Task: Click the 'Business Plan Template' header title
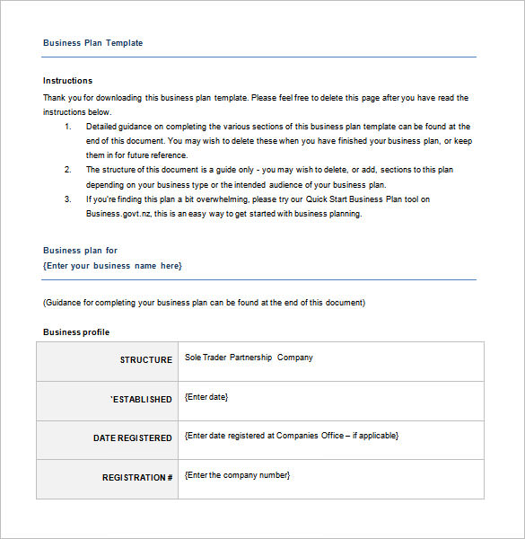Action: [x=92, y=43]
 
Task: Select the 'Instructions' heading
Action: [x=67, y=81]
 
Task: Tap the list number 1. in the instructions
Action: [x=68, y=127]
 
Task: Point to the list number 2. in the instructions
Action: [x=68, y=170]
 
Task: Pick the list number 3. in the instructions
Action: [x=68, y=199]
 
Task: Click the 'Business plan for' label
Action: [x=80, y=251]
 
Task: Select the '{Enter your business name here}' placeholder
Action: [x=112, y=266]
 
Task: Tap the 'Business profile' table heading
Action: [x=76, y=332]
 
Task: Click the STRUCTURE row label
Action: [x=146, y=360]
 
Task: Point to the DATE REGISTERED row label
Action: [x=133, y=438]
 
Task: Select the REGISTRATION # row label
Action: [x=137, y=478]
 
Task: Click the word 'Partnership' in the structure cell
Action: [x=250, y=358]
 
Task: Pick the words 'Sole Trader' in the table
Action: [x=205, y=358]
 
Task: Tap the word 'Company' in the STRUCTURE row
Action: [x=295, y=358]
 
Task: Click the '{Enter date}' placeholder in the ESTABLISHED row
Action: [x=206, y=396]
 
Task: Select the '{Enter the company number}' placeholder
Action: [x=237, y=475]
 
